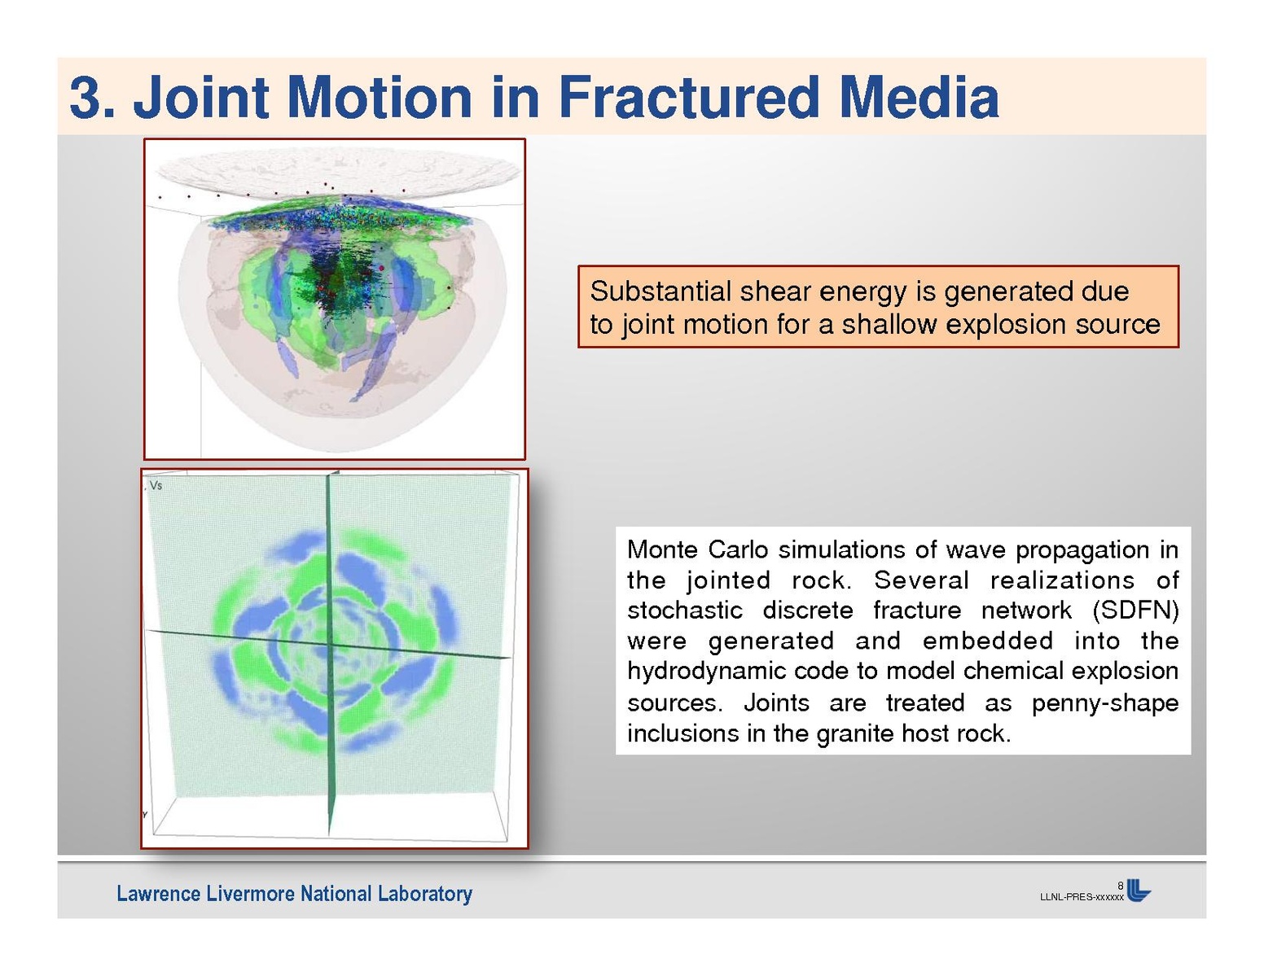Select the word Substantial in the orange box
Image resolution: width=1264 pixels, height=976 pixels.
(661, 291)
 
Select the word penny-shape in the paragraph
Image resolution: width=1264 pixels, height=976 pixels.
(1105, 703)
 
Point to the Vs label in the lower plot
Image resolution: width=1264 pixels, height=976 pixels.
(156, 485)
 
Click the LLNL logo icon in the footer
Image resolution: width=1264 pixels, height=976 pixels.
(1139, 891)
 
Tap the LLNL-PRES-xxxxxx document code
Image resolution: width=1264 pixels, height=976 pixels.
(1082, 898)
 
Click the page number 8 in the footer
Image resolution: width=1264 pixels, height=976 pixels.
(1121, 886)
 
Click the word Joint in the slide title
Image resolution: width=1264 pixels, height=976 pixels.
(201, 97)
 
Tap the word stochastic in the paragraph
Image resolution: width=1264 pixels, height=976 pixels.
(685, 611)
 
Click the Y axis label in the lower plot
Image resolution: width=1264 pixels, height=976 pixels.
(145, 815)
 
